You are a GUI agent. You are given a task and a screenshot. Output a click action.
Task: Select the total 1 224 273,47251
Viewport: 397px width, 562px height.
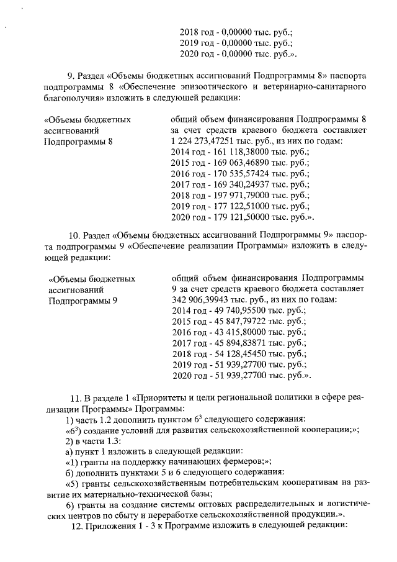(205, 140)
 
